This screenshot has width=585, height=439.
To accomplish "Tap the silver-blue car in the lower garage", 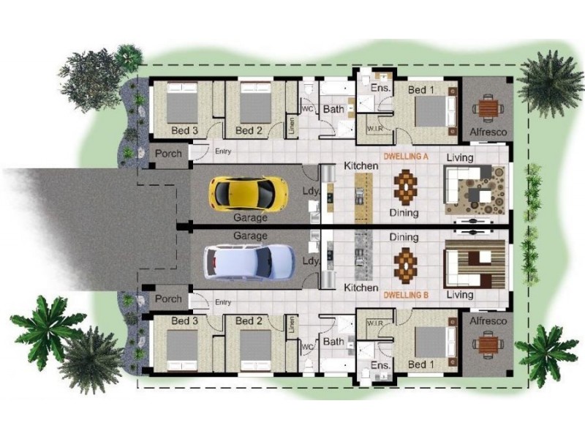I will pos(249,261).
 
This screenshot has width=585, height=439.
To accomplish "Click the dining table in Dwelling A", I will pos(404,186).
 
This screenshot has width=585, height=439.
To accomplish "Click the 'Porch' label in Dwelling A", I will pos(168,154).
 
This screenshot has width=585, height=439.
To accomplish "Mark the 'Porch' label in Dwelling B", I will pos(168,299).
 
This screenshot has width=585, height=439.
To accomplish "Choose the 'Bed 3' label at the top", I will pos(184,131).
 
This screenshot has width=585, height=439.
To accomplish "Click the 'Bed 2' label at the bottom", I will pos(249,320).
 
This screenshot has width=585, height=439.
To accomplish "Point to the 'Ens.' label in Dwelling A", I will pos(380,88).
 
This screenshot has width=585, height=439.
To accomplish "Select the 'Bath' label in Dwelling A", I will pos(334,110).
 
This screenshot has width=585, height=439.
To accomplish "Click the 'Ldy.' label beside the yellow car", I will pos(311,192).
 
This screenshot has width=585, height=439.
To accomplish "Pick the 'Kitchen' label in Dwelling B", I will pos(361,288).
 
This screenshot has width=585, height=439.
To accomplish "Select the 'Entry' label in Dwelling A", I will pos(223,151).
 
